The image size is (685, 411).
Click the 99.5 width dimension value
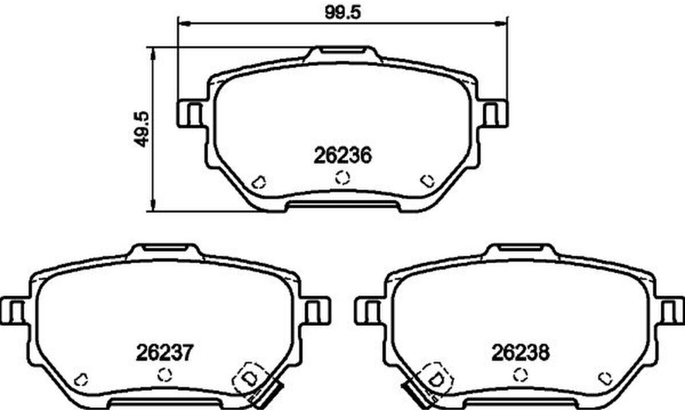[x=343, y=13]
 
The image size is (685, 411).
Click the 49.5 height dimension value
[x=142, y=130]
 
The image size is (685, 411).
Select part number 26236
[x=342, y=155]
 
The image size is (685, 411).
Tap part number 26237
[x=165, y=352]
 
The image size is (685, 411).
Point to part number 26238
[x=521, y=352]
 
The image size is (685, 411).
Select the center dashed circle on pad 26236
[x=342, y=178]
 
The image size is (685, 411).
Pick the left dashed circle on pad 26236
[x=259, y=182]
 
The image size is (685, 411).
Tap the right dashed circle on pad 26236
[x=427, y=181]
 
